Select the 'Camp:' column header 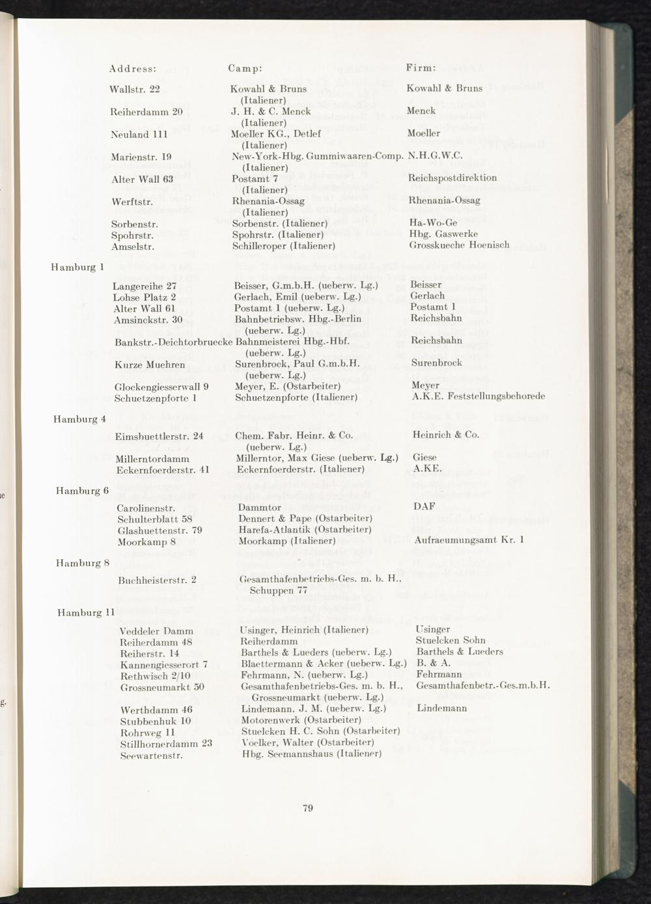[245, 68]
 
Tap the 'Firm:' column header [421, 68]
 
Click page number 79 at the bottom [309, 808]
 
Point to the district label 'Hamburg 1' [78, 266]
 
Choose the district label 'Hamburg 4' [79, 419]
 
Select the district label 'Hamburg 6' [82, 491]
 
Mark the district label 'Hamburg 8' [82, 563]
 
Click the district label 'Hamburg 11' [86, 613]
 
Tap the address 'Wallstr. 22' [135, 89]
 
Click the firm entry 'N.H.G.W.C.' [434, 156]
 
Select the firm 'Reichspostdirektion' [452, 178]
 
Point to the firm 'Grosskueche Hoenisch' [459, 245]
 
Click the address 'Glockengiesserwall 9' [161, 387]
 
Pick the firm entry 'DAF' [424, 506]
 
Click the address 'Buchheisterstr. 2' [158, 580]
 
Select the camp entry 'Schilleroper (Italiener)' [284, 246]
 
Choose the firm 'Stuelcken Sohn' [450, 640]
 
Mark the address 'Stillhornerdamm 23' [167, 743]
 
